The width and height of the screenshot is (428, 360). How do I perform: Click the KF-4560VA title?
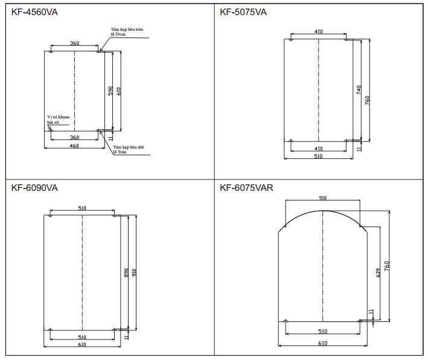[34, 12]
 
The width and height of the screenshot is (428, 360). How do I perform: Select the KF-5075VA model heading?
[243, 12]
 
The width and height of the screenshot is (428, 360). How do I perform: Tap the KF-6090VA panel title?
[34, 188]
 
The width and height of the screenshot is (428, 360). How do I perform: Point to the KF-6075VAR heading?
[246, 188]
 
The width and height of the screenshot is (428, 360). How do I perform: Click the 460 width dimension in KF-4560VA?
[74, 146]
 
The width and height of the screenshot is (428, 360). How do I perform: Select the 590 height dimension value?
[110, 91]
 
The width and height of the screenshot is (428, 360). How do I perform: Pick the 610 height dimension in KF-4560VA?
[119, 91]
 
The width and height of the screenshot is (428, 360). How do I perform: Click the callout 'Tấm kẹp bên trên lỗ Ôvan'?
[127, 31]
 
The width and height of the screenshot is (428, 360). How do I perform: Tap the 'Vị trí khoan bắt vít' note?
[59, 120]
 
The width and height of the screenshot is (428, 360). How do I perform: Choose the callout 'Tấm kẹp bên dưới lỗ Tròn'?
[129, 149]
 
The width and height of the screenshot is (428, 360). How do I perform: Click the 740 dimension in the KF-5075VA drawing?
[359, 90]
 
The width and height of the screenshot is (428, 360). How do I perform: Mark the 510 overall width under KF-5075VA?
[318, 156]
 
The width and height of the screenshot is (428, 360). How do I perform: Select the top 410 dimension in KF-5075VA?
[319, 31]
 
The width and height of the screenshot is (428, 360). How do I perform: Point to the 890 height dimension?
[126, 273]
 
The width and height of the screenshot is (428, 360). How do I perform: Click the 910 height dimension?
[134, 273]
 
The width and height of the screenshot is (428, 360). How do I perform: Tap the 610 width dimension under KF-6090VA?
[82, 344]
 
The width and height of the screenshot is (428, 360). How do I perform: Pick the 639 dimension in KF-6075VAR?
[378, 273]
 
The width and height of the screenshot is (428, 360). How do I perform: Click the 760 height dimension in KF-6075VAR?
[387, 266]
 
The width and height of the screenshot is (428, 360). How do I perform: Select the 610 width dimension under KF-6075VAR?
[322, 343]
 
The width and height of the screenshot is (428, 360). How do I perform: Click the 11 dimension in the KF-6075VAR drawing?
[371, 312]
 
